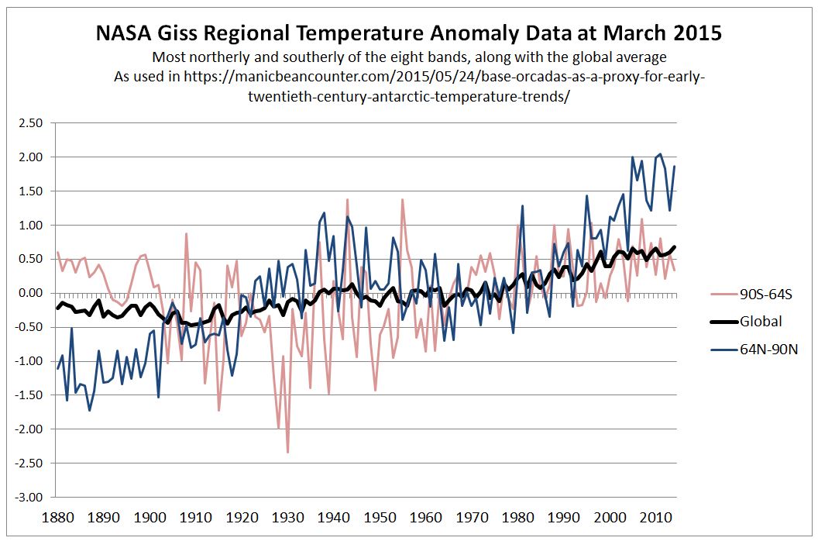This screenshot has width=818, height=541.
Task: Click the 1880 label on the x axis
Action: coord(58,517)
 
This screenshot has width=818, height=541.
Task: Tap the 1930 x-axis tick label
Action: coord(288,517)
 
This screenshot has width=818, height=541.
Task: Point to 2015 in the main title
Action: coord(696,34)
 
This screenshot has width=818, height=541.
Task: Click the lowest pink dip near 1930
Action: coord(287,453)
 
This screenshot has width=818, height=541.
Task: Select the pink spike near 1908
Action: coord(186,233)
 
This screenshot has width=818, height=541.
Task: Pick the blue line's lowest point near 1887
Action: coord(90,410)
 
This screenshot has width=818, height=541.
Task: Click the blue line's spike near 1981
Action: coord(522,205)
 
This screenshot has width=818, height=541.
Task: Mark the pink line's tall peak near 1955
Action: coord(402,199)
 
